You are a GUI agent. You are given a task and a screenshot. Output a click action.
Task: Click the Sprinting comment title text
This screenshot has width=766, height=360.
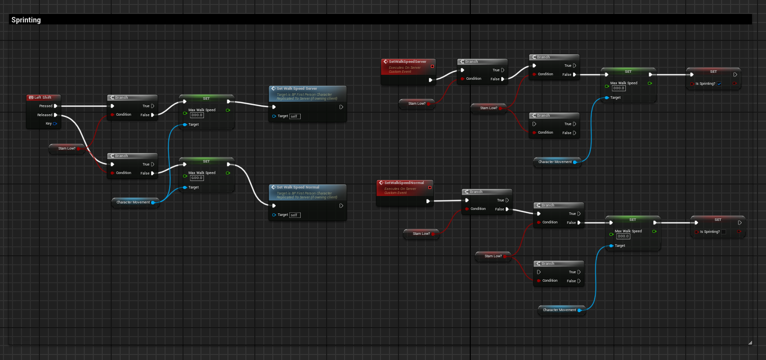click(x=26, y=20)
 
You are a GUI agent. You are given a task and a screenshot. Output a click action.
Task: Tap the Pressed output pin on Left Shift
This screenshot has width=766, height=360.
click(x=55, y=106)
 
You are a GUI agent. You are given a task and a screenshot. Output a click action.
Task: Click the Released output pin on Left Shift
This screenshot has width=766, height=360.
click(x=55, y=115)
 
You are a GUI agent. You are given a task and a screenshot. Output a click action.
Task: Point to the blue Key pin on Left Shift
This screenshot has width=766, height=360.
click(x=55, y=123)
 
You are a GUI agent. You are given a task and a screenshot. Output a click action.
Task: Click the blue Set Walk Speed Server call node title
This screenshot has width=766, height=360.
click(x=297, y=89)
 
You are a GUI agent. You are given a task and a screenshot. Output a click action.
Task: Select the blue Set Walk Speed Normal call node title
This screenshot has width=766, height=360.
click(x=298, y=187)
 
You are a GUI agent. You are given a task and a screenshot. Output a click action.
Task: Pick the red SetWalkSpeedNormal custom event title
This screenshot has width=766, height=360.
click(x=404, y=183)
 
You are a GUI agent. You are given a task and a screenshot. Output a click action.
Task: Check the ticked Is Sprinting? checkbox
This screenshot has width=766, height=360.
click(x=719, y=84)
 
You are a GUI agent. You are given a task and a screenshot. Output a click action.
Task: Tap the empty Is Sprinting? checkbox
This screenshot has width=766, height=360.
click(x=724, y=232)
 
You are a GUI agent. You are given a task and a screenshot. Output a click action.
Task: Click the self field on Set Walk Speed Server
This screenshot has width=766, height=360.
click(x=295, y=116)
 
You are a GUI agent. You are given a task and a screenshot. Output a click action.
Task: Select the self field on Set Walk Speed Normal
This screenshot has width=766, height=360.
click(x=295, y=215)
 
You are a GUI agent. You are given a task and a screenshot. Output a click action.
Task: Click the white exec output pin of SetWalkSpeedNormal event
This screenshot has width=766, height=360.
click(x=428, y=201)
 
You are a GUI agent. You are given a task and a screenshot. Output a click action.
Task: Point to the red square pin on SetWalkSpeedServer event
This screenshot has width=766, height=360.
click(x=432, y=66)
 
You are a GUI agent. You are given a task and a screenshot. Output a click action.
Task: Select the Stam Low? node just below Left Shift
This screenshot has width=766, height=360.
click(x=67, y=148)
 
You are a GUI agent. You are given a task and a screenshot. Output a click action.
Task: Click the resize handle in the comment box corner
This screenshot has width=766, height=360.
click(x=750, y=343)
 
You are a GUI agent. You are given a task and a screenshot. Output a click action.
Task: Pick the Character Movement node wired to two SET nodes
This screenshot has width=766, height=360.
click(x=133, y=202)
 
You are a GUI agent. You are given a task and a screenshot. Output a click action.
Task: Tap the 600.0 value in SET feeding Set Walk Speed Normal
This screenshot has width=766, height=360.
click(x=197, y=178)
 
